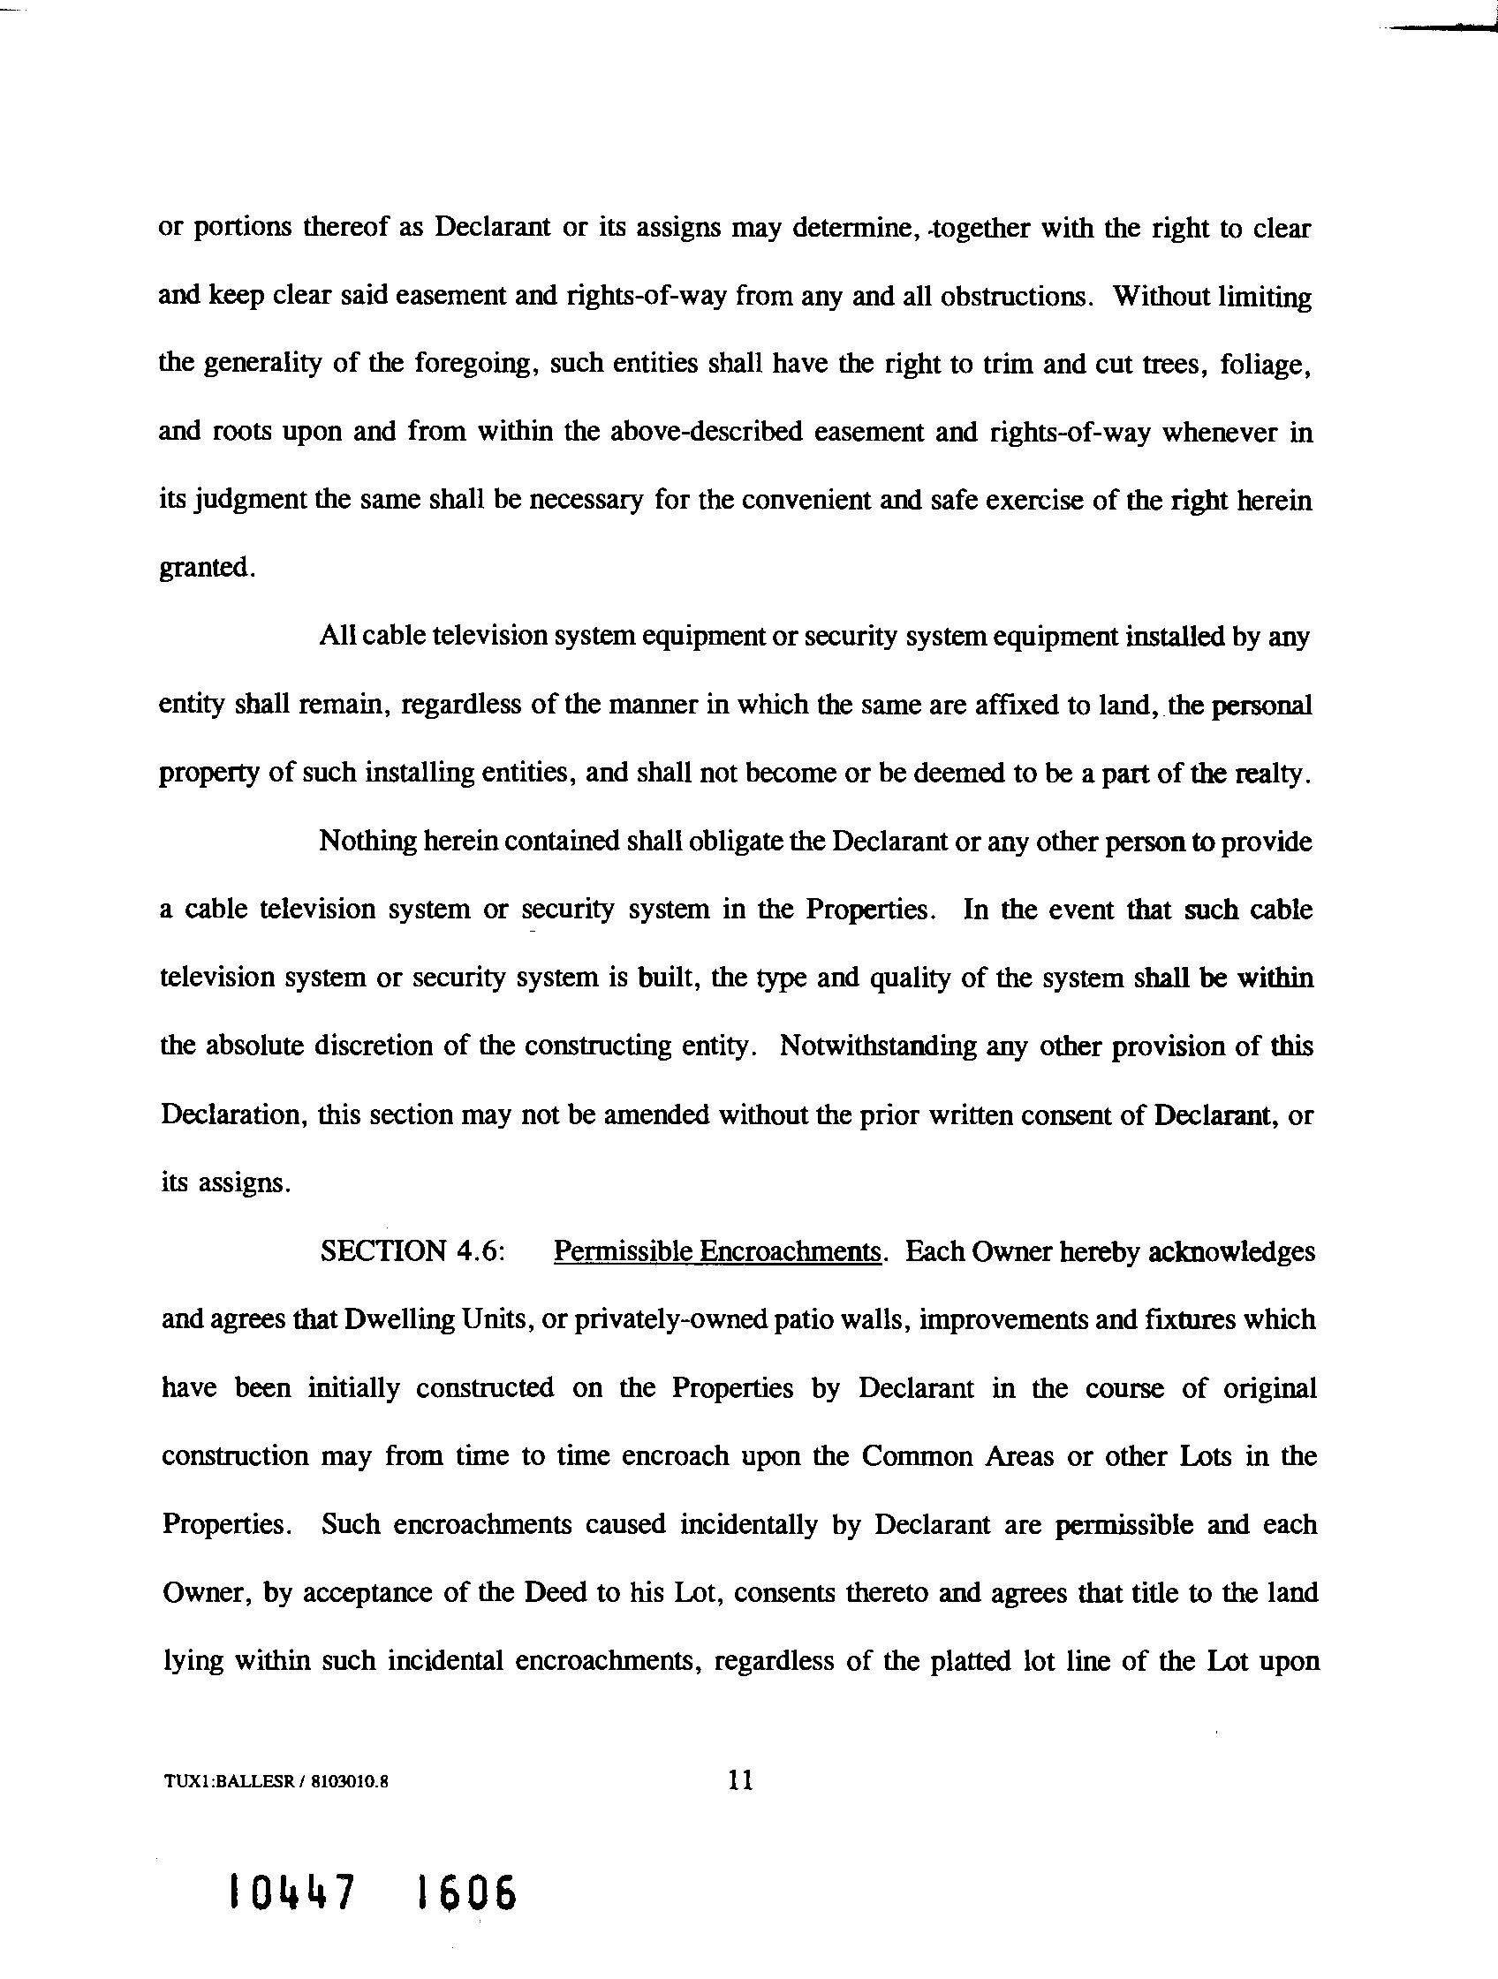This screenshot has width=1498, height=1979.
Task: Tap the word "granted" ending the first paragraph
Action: (x=205, y=567)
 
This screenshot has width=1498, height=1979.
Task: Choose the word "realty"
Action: (x=1273, y=773)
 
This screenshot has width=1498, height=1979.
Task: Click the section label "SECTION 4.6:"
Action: (x=413, y=1250)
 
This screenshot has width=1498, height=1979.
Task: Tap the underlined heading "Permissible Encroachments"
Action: (x=718, y=1250)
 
